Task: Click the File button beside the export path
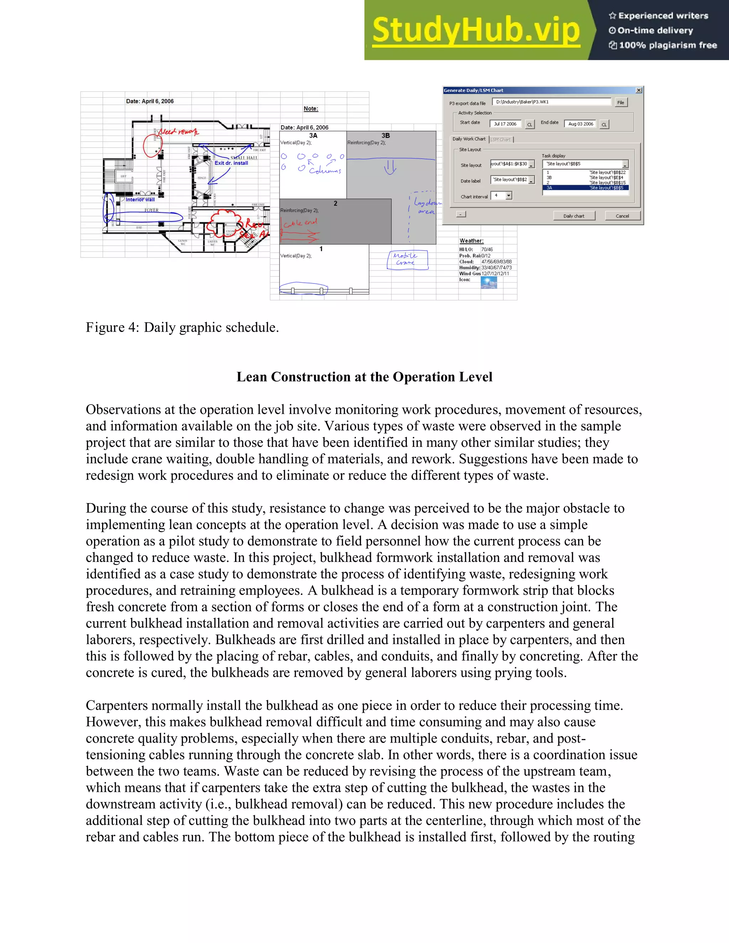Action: point(620,102)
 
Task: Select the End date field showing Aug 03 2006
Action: point(580,124)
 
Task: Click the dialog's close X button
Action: point(639,90)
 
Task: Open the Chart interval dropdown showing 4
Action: point(509,196)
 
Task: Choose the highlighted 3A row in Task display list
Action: point(585,188)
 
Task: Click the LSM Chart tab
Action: point(500,139)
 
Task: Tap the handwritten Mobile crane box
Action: point(407,260)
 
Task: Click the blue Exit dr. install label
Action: point(231,163)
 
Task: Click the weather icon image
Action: point(488,283)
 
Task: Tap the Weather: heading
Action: point(471,241)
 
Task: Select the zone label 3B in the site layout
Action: point(385,136)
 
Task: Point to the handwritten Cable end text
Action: point(300,223)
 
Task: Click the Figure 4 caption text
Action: point(182,327)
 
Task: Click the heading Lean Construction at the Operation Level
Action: point(364,377)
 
